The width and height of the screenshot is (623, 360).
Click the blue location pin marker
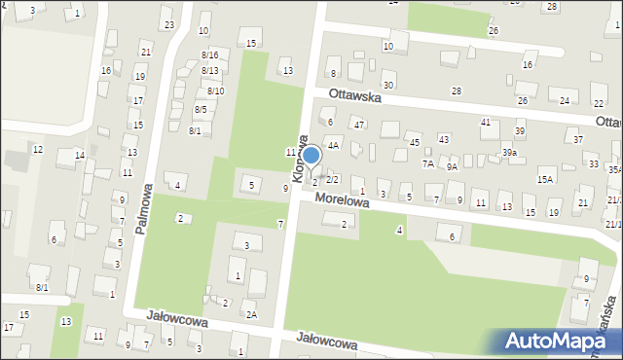[x=311, y=156]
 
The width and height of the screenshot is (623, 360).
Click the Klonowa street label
[x=300, y=159]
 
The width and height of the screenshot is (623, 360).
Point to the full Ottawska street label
[x=359, y=97]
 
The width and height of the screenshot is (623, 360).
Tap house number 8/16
[x=209, y=55]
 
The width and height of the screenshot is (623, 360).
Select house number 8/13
[x=209, y=70]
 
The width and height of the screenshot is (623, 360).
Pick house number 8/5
[x=201, y=109]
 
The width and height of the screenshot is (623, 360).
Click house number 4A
[x=333, y=145]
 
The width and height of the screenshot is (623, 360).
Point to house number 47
[x=359, y=125]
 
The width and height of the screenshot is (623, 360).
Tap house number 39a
[x=509, y=153]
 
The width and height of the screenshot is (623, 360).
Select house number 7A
[x=427, y=163]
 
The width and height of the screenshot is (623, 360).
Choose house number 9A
[x=452, y=166]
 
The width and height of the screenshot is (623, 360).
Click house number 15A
[x=545, y=179]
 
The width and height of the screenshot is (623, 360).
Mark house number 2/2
[x=332, y=179]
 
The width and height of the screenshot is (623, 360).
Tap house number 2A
[x=251, y=314]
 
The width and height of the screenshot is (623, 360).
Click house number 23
[x=168, y=24]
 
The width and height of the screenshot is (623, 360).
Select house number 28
[x=456, y=90]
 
